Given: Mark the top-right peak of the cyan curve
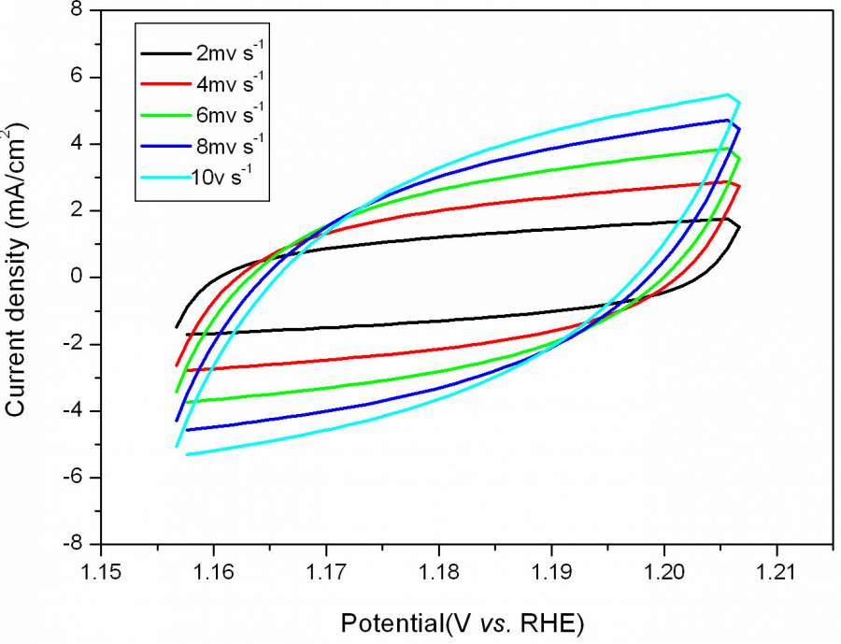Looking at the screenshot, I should [x=727, y=94].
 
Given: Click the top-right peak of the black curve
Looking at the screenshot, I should [x=727, y=218].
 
